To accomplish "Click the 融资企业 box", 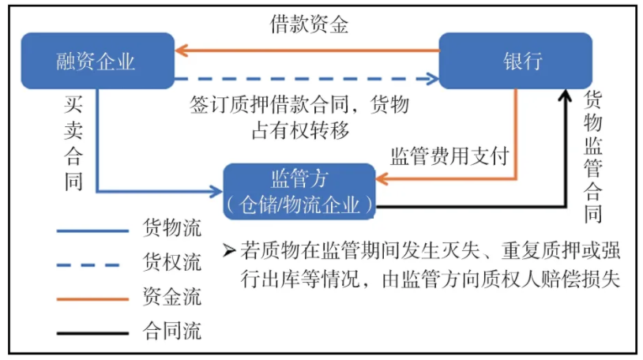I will [x=96, y=61].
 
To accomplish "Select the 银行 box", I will [x=515, y=61].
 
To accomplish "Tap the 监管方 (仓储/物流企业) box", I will [x=298, y=191].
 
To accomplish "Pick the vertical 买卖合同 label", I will [x=74, y=143].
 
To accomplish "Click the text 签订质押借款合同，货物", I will [x=299, y=105].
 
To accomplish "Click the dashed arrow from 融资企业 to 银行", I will [x=308, y=78].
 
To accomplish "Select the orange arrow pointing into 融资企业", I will [x=183, y=50].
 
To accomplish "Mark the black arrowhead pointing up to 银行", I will [x=565, y=96].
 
